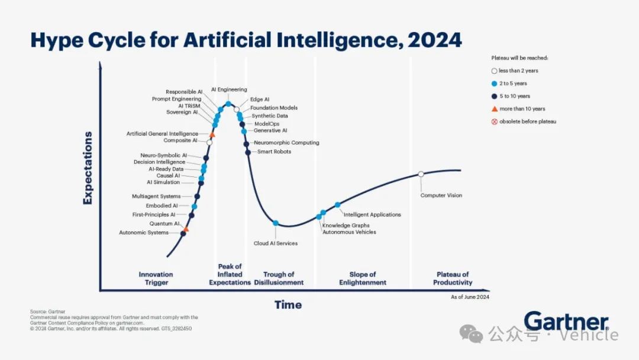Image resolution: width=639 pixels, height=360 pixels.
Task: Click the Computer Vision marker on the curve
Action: coord(421,174)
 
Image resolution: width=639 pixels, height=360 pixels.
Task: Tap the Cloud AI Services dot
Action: coord(276,223)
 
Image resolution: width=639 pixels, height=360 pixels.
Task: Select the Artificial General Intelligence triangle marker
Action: coord(212,134)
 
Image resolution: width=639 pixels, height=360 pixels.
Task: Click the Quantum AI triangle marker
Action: coord(186,229)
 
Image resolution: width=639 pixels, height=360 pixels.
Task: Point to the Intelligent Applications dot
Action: coord(337,205)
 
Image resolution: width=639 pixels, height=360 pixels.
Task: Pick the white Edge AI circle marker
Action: coord(236,110)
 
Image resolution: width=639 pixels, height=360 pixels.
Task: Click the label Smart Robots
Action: coord(275,151)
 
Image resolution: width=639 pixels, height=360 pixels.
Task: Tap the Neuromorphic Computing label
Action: coord(286,143)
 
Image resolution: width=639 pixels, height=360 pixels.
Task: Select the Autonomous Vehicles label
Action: coord(349,232)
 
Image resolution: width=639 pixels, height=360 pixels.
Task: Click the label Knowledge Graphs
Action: coord(346,226)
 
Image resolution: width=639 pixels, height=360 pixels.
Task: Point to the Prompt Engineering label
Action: coord(176,99)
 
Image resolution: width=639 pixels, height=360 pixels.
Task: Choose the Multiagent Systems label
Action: coord(156,196)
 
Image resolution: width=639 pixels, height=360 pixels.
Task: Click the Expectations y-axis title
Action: coord(88,168)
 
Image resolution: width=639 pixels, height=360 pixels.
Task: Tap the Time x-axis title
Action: coord(288,305)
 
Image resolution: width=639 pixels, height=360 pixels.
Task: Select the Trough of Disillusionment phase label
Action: coord(279,278)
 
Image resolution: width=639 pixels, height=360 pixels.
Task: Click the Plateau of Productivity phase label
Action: coord(453,278)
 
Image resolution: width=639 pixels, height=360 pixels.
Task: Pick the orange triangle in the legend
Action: coord(494,109)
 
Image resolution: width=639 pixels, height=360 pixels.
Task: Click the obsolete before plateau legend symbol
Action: coord(494,121)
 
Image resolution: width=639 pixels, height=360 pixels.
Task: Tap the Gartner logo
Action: coord(566,322)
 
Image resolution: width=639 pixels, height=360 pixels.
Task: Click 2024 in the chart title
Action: coord(435,40)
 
